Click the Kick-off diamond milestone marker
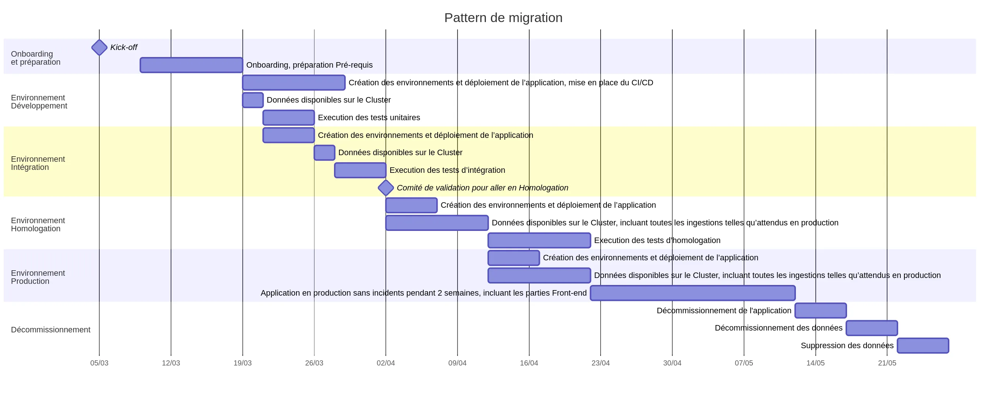tap(99, 47)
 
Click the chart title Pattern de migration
tap(503, 18)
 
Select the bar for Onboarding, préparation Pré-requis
tap(191, 65)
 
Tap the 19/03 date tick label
tap(242, 363)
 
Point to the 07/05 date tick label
tap(744, 363)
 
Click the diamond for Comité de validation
tap(385, 188)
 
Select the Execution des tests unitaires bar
tap(288, 118)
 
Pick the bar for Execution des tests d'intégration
tap(360, 170)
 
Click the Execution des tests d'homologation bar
tap(539, 240)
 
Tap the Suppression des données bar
tap(922, 346)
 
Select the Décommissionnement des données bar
tap(871, 328)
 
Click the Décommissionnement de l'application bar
tap(821, 310)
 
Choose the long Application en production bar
tap(692, 293)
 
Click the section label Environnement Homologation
tap(38, 224)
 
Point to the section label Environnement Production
tap(38, 277)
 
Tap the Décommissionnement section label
tap(50, 329)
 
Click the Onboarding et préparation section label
tap(36, 58)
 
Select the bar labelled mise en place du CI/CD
tap(293, 82)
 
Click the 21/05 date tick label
tap(887, 363)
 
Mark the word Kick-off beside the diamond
tap(124, 47)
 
